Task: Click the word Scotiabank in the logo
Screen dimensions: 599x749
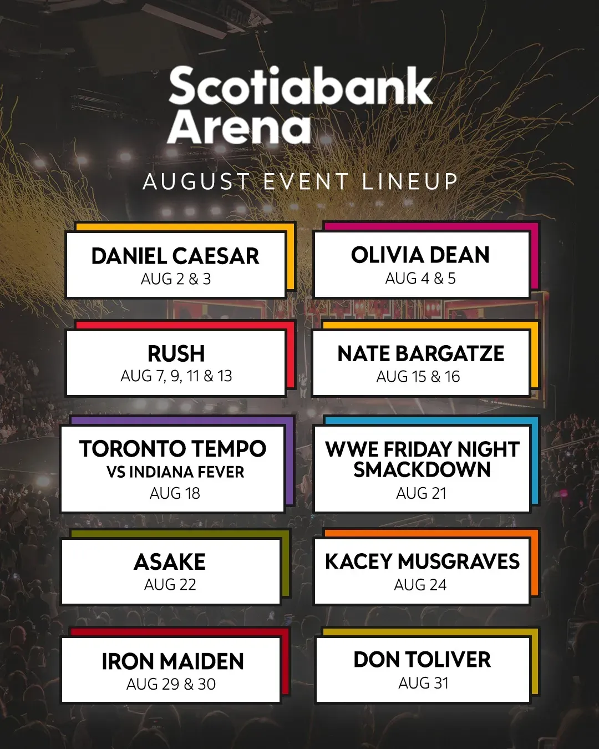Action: click(301, 85)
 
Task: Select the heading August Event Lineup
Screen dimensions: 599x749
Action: click(301, 181)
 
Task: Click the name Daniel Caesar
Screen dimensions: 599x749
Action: click(175, 256)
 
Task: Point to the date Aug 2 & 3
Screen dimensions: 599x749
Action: click(176, 279)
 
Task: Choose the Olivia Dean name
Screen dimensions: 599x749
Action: click(420, 255)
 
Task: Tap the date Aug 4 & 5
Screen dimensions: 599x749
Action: click(420, 279)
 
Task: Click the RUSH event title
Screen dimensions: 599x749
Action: click(176, 353)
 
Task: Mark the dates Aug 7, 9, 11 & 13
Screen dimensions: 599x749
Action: click(176, 376)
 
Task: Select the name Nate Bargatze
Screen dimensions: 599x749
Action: click(421, 354)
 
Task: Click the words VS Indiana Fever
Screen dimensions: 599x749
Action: click(175, 472)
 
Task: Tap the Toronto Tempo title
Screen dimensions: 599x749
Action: click(173, 449)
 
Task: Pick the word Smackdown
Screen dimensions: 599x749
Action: click(422, 470)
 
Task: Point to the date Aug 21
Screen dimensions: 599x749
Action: click(421, 493)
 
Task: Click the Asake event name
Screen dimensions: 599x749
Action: click(170, 561)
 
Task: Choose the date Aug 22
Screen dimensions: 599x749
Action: click(170, 584)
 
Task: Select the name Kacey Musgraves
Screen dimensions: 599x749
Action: click(422, 561)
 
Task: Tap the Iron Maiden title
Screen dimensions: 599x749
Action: click(172, 661)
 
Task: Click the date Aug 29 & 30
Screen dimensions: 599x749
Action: click(171, 684)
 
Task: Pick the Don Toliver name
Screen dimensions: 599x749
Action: click(422, 660)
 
